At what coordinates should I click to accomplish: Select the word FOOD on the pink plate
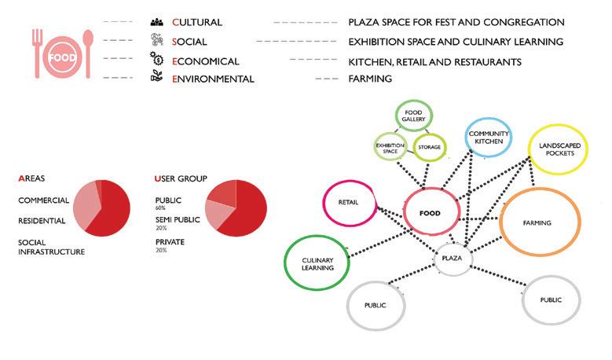coord(61,57)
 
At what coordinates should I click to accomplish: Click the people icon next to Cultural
coord(156,22)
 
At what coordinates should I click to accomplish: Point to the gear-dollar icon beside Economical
coord(156,60)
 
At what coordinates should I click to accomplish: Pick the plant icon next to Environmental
coord(156,79)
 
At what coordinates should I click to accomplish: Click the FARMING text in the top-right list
coord(370,79)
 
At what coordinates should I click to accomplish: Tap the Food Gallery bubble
coord(414,116)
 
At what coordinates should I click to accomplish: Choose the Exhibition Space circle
coord(390,147)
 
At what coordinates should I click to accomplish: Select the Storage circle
coord(429,146)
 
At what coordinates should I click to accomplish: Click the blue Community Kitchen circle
coord(489,138)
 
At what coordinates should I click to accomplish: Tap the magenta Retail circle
coord(348,202)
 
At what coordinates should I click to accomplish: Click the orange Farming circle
coord(537,222)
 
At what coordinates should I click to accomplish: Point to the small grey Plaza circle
coord(451,257)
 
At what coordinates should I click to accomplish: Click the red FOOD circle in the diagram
coord(432,212)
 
